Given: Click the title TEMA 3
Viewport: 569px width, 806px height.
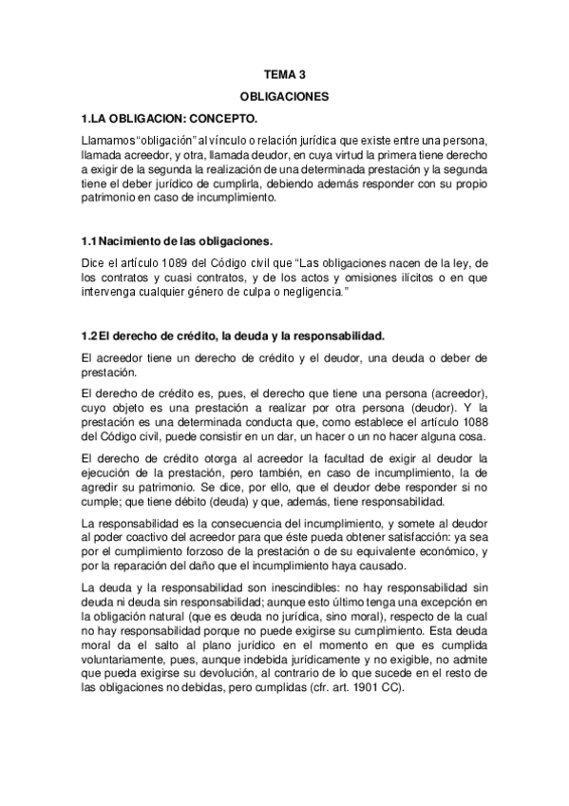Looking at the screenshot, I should (284, 73).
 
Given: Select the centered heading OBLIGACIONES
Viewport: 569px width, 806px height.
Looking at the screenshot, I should (284, 96).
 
